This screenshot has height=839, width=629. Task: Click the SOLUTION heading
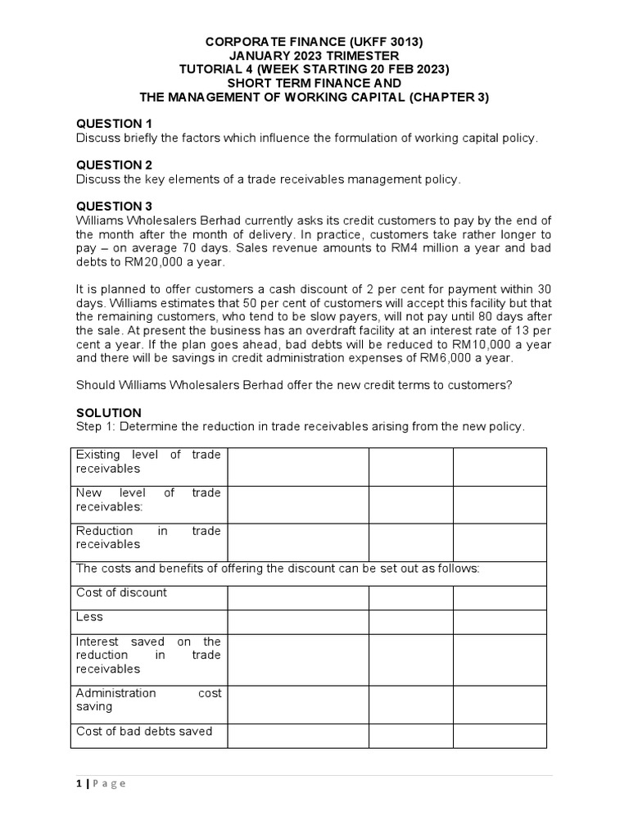(x=109, y=412)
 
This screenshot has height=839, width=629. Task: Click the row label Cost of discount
(x=121, y=592)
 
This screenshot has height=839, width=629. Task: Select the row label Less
(x=90, y=617)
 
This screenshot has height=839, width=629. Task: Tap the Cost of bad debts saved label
(x=144, y=731)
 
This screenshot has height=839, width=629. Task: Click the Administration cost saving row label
(x=148, y=700)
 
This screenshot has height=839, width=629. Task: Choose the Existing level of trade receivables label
(x=148, y=461)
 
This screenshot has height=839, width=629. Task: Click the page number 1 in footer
(x=79, y=783)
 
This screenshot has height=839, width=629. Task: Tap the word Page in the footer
(x=110, y=783)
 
